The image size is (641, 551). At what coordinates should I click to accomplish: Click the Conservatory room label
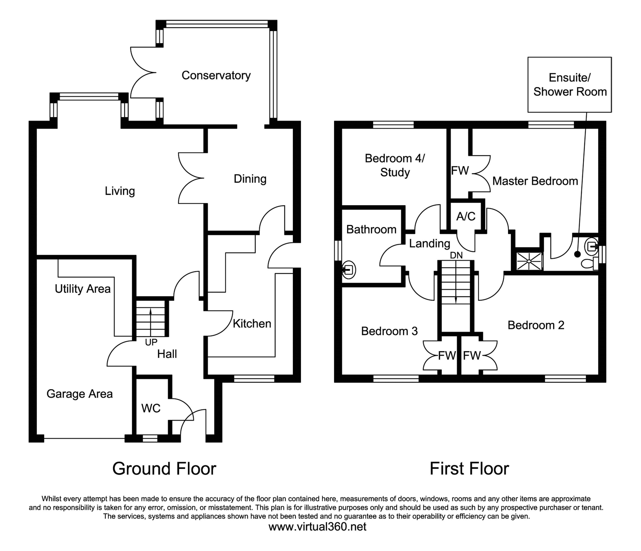(x=216, y=75)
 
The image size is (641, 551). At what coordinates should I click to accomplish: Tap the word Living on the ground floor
(x=120, y=191)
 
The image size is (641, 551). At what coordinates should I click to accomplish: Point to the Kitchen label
(x=252, y=324)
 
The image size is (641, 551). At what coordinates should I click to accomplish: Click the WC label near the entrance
(x=151, y=408)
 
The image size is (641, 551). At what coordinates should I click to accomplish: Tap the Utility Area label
(x=83, y=289)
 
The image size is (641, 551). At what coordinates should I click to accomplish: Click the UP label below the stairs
(x=151, y=342)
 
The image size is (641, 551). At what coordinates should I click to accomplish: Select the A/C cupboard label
(x=466, y=216)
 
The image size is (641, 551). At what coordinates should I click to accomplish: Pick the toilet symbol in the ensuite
(x=589, y=264)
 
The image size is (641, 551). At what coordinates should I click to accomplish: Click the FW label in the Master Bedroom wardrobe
(x=460, y=170)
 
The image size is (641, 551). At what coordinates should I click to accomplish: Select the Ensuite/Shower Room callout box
(x=570, y=84)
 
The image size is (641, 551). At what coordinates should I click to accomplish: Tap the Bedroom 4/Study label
(x=395, y=165)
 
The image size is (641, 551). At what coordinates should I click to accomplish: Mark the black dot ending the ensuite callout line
(x=577, y=254)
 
